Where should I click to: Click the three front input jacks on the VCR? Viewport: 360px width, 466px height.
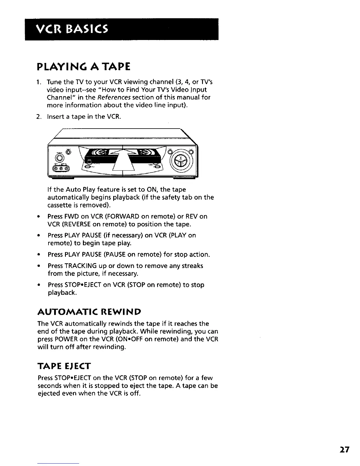[x=61, y=169]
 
